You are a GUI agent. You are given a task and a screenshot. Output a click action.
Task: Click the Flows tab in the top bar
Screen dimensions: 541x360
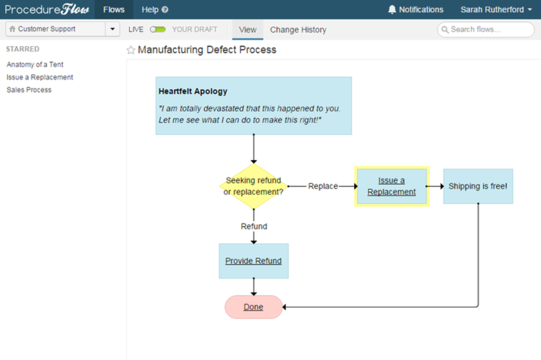(114, 9)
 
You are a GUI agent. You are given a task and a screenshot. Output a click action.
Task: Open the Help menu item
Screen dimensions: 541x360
(155, 9)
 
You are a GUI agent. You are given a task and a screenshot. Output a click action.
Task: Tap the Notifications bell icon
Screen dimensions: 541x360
(392, 9)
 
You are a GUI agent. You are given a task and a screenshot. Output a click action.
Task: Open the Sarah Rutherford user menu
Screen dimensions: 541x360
(496, 9)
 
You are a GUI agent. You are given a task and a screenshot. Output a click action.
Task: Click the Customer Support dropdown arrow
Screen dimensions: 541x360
(113, 29)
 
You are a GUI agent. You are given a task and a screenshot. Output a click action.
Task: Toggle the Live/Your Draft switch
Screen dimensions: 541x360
(158, 29)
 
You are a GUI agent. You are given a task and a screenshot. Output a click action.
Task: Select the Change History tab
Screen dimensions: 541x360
(298, 30)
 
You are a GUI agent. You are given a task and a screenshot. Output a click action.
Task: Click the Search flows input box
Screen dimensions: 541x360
(486, 29)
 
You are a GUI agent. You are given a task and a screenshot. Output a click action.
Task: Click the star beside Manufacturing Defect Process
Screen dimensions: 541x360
(131, 50)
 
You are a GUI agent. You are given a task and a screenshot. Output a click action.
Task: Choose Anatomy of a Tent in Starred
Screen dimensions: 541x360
(35, 64)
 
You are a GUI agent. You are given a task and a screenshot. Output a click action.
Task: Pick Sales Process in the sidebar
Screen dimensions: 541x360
(29, 90)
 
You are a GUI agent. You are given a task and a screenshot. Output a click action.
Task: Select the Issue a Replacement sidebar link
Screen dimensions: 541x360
(40, 77)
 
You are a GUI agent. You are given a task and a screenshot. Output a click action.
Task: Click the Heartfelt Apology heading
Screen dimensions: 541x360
(193, 91)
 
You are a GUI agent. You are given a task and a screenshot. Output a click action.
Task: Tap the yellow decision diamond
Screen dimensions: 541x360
(253, 186)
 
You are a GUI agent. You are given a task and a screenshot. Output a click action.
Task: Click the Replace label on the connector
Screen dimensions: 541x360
(323, 186)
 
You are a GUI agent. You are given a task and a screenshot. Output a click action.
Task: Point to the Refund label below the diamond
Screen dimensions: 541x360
(254, 226)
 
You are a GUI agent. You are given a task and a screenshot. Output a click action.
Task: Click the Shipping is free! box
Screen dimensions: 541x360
(478, 186)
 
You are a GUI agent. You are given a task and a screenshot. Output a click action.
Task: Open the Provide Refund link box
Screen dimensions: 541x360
(253, 261)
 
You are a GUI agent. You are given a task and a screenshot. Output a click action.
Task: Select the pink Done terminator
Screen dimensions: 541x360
(253, 307)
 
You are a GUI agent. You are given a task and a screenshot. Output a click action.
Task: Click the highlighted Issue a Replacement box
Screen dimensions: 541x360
(392, 186)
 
